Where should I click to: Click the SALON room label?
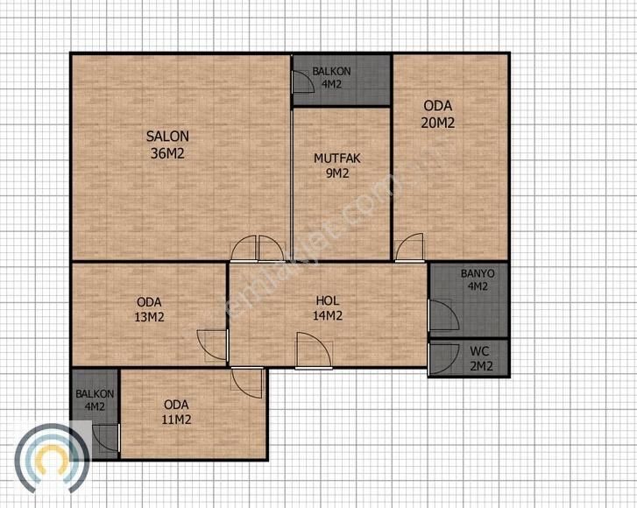click(x=167, y=137)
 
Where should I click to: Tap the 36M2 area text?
click(x=167, y=153)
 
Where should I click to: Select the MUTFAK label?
click(x=336, y=159)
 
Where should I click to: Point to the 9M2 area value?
click(x=337, y=173)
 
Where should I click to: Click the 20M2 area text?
click(x=437, y=123)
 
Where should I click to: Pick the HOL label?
click(x=328, y=301)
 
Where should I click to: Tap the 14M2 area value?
click(x=328, y=315)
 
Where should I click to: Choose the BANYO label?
click(x=478, y=273)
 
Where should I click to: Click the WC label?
click(x=479, y=351)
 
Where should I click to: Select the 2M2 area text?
click(x=481, y=366)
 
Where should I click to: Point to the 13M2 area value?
click(x=149, y=317)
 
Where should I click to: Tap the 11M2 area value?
click(x=176, y=420)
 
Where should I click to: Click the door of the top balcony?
click(x=303, y=81)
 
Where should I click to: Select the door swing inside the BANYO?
click(x=443, y=315)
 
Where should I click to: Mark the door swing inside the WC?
click(x=443, y=359)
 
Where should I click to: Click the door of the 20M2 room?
click(x=409, y=247)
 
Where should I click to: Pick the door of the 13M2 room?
click(x=212, y=345)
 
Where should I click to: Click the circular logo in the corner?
click(x=52, y=458)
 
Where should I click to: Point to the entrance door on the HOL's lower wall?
click(x=314, y=351)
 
